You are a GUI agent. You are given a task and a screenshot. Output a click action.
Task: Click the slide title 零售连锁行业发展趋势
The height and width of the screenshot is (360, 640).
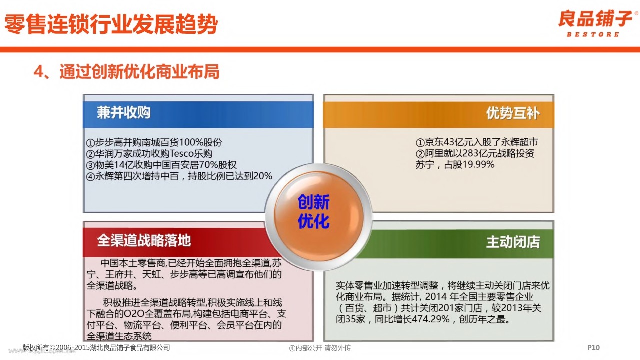tap(111, 24)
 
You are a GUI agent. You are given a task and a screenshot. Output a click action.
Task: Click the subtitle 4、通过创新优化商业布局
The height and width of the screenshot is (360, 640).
tap(126, 71)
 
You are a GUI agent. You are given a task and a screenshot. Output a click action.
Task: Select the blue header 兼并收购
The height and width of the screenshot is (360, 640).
tap(123, 112)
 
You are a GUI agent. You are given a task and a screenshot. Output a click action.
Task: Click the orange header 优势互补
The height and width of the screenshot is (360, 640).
tap(513, 113)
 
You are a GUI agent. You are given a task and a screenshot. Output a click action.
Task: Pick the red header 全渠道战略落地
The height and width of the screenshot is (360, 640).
tap(144, 240)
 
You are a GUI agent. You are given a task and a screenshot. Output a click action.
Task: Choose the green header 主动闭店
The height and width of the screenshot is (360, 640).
tap(513, 242)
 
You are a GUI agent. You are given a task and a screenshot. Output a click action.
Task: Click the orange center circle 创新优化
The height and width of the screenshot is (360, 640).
tap(319, 216)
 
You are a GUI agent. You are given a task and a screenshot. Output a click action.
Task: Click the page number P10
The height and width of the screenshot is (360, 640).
tap(593, 347)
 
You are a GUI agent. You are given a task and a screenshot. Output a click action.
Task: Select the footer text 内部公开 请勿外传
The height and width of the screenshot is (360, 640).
tap(323, 348)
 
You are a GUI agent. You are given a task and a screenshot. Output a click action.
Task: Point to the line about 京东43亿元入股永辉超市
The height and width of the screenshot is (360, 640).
tap(477, 142)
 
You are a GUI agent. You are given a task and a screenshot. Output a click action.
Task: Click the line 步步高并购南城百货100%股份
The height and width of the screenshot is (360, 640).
tap(154, 142)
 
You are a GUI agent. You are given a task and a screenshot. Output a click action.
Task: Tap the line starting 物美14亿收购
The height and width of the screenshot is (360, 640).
tap(161, 165)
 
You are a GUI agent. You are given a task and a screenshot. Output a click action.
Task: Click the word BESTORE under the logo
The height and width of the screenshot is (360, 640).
tap(593, 34)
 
